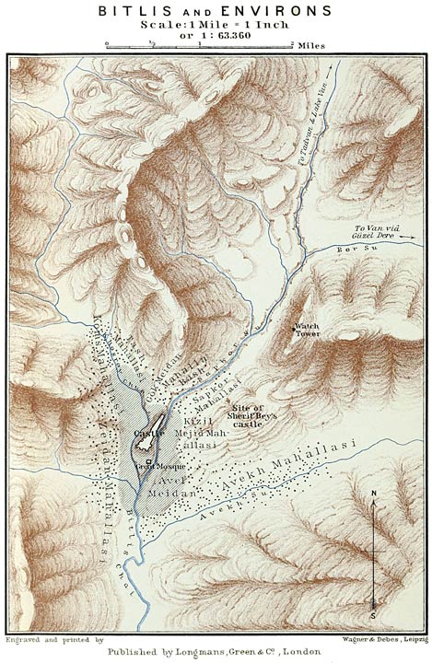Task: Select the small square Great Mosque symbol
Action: [146, 459]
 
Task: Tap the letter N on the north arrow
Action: [373, 494]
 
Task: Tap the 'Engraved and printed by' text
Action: [54, 637]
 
